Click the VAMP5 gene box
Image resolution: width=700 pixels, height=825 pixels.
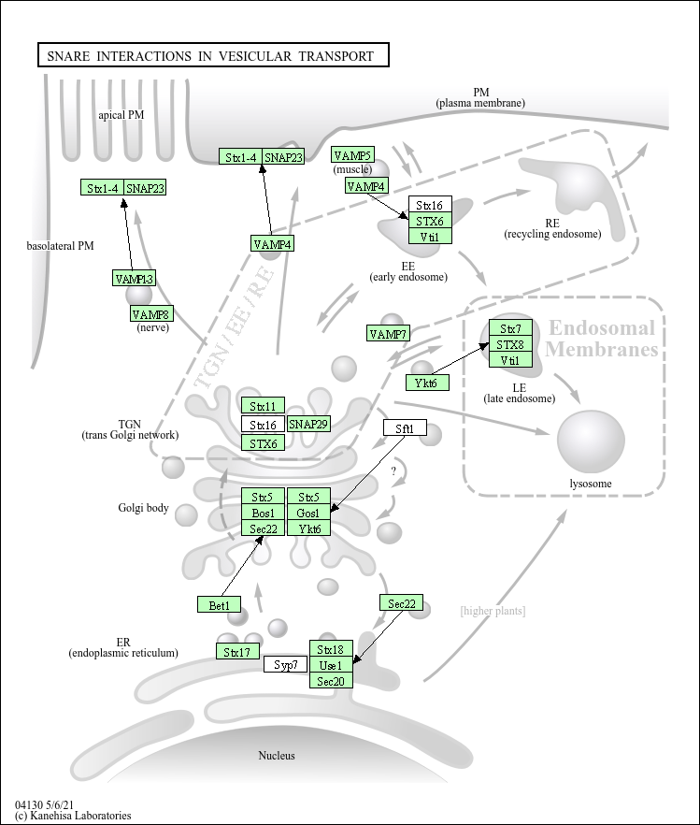coord(353,154)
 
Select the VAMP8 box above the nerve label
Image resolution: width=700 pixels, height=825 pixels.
coord(151,313)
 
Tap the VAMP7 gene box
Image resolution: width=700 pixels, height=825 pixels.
coord(388,334)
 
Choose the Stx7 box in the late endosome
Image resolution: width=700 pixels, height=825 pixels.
coord(511,328)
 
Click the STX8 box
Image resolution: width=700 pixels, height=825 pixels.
coord(511,344)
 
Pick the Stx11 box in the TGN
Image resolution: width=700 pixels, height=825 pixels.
coord(263,406)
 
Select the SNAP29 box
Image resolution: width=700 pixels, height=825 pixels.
coord(309,424)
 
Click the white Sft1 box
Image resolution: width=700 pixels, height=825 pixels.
coord(405,428)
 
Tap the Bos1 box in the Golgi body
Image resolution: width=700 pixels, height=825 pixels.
coord(263,513)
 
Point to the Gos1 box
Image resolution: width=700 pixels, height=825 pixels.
coord(309,513)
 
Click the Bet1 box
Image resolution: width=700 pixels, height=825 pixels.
coord(219,604)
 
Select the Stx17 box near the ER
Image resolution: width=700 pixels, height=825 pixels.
coord(237,651)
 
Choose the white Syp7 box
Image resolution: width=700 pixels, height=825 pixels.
coord(285,664)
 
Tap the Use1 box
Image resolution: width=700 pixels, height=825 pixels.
coord(331,665)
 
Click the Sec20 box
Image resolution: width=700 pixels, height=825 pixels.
coord(331,681)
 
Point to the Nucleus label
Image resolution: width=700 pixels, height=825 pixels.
coord(277,756)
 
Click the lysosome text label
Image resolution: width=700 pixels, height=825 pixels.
coord(591,484)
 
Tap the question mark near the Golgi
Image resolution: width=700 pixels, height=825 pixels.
coord(393,470)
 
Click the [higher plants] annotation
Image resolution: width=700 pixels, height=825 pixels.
coord(493,611)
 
